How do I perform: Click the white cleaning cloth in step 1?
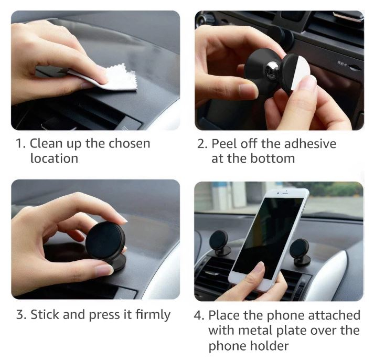(114, 79)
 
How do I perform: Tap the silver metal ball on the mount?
(273, 70)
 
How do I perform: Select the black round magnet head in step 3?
(105, 240)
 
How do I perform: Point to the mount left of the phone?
(220, 243)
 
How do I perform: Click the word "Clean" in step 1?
(46, 143)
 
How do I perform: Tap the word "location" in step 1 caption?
(54, 158)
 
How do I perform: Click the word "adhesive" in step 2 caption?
(310, 144)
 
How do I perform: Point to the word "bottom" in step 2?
(272, 158)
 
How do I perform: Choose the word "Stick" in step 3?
(45, 314)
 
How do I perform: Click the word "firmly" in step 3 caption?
(153, 315)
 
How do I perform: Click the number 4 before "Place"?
(198, 315)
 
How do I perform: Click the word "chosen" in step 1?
(129, 143)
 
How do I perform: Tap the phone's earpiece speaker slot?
(285, 192)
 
